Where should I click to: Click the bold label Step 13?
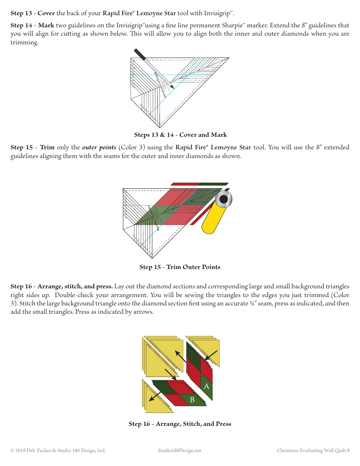coord(21,14)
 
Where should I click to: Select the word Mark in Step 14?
coord(46,25)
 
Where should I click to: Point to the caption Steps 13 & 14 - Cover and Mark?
coord(180,135)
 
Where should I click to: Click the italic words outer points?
coord(99,147)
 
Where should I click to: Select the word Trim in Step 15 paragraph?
coord(47,147)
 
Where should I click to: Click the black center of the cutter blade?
coord(224,199)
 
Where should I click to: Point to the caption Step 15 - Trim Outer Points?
coord(180,267)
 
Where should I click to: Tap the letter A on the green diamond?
coord(207,386)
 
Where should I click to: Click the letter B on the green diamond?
coord(192,400)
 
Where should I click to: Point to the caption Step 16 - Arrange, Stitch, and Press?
coord(180,424)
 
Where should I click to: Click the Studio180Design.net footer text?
coord(180,450)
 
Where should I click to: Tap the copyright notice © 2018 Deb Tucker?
coord(58,450)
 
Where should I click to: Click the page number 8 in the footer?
coord(348,450)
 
